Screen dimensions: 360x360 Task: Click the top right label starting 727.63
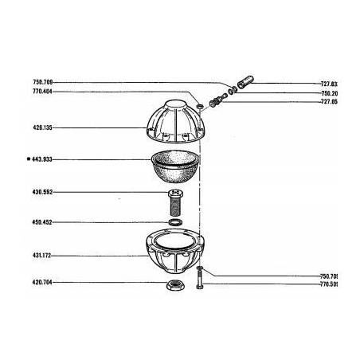(348, 83)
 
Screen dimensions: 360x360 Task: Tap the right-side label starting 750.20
(348, 92)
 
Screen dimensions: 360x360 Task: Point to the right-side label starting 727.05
(348, 102)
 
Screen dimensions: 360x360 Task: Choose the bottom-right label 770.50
(348, 284)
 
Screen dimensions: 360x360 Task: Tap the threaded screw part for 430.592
(174, 202)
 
